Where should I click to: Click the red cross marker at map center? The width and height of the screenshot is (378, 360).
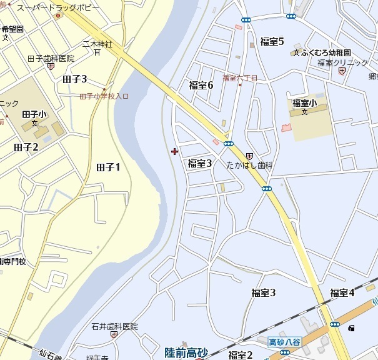174,151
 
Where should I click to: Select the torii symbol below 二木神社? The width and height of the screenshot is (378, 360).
97,53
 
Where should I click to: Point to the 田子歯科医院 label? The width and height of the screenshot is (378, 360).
51,58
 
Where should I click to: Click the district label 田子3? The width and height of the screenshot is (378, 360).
75,79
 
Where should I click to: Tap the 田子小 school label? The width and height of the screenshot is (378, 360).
34,114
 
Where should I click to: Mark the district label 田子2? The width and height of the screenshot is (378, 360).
26,147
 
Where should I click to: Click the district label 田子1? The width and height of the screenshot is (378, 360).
108,167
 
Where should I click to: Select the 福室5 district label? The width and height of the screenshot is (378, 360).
272,42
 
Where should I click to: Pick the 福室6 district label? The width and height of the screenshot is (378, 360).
201,85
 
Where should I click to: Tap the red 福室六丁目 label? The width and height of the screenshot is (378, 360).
240,78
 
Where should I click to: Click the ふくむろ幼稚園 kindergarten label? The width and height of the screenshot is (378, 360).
326,53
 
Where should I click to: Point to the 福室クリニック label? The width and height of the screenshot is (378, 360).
342,62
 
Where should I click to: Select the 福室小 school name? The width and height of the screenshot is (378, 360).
304,103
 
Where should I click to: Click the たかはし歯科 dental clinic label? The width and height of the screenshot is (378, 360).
250,165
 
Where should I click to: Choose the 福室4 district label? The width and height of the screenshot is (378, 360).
342,292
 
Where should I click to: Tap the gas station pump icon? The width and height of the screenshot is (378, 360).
352,328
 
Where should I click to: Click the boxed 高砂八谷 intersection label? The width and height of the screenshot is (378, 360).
285,342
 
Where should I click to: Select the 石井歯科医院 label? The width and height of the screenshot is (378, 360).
114,326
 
